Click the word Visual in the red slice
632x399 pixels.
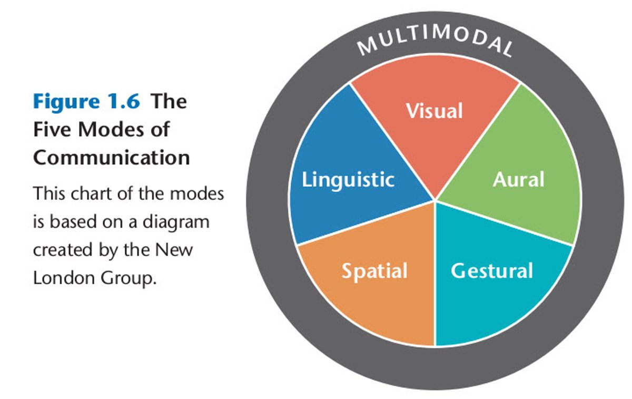434,111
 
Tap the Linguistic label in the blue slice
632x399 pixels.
348,179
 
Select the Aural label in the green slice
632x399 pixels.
518,180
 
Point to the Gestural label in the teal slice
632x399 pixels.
491,270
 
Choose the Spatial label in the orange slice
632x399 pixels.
374,271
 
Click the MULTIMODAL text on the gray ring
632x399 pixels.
435,42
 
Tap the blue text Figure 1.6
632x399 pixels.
86,101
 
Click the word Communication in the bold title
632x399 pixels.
111,157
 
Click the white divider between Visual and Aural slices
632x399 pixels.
478,142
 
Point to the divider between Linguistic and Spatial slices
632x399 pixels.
367,222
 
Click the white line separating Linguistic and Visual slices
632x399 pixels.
393,142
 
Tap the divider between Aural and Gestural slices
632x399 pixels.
505,222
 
